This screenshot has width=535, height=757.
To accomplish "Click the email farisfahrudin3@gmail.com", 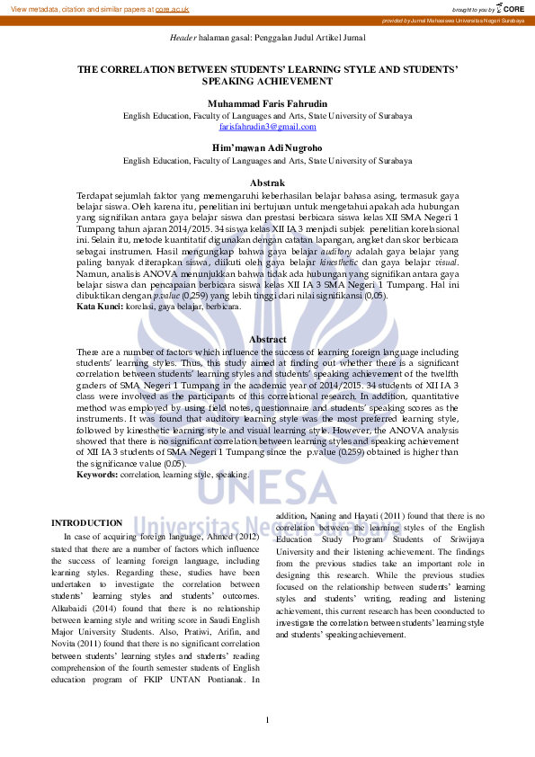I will point(267,127).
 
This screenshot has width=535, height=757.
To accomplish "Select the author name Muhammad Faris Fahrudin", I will point(267,103).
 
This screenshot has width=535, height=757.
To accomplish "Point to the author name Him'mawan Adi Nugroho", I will point(267,147).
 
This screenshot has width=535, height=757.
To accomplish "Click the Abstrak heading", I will point(267,183).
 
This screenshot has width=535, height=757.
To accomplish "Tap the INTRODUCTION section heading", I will point(86,522).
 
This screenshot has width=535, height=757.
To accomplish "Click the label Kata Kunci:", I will point(100,307).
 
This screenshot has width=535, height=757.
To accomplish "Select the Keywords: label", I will point(97,474).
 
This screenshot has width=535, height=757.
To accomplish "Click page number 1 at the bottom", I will point(267,720).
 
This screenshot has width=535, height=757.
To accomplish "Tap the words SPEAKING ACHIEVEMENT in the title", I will point(267,81).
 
